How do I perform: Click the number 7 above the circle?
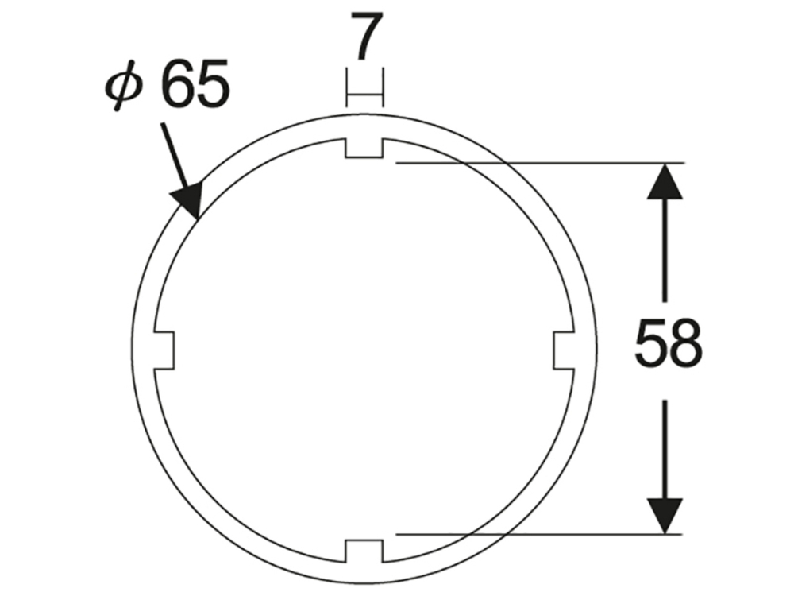coord(364,38)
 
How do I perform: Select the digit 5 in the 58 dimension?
coord(651,344)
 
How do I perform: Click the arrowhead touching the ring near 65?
coord(191,199)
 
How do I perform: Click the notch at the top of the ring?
coord(364,149)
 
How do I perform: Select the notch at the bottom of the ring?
coord(364,549)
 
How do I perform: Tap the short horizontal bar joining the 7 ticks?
coord(364,96)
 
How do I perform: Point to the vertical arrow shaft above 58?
coord(665,254)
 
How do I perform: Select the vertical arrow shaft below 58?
coord(665,445)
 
